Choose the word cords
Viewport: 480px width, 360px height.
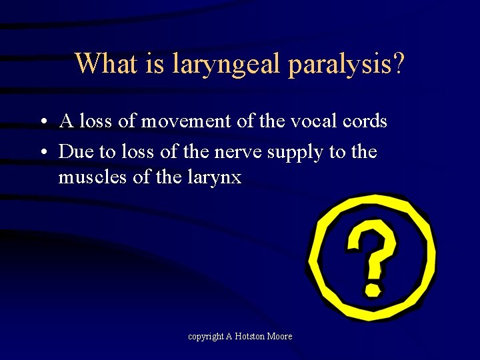(363, 122)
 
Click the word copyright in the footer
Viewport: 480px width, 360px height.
(206, 337)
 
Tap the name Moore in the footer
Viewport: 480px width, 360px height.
(280, 337)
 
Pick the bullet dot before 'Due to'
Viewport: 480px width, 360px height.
(42, 153)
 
